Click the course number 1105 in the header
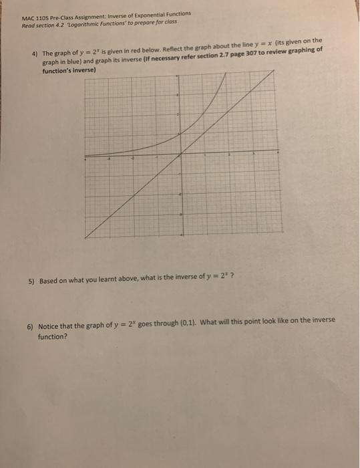coord(42,19)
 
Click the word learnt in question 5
coord(108,281)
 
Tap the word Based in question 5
coord(49,281)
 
